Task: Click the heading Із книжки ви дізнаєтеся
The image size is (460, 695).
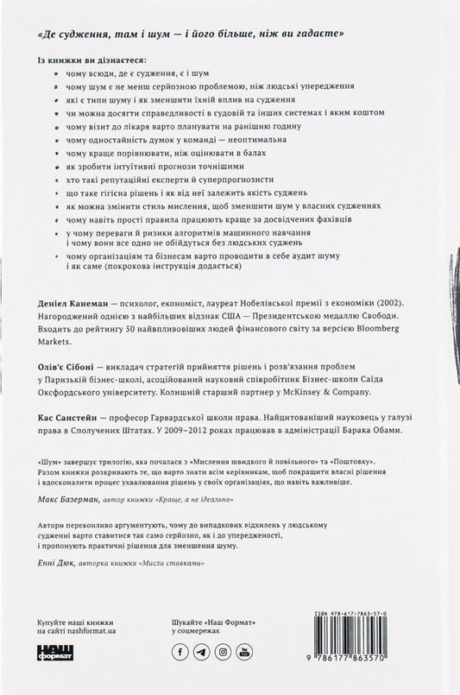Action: click(x=92, y=60)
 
